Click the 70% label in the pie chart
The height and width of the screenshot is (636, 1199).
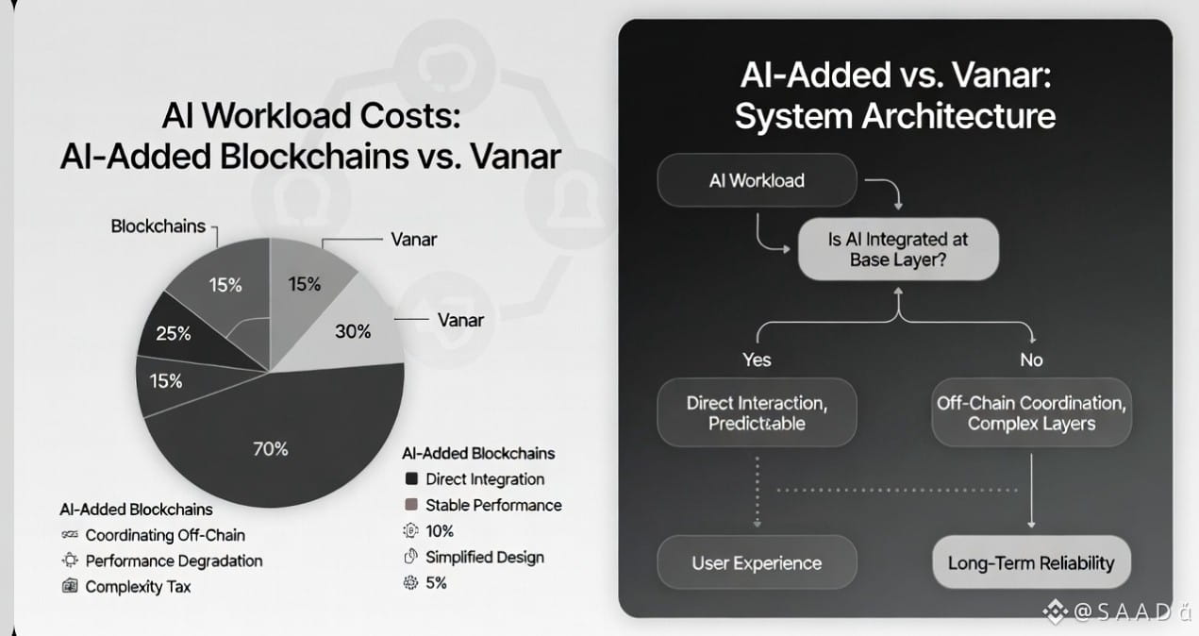[x=270, y=449]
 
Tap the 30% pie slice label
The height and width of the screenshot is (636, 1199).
[x=353, y=331]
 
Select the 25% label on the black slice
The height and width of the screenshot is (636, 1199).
[x=174, y=333]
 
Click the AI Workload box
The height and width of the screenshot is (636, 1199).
[x=757, y=180]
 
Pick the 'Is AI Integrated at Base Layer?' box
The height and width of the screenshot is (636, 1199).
[x=897, y=250]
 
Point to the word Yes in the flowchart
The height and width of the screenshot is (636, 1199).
[x=757, y=360]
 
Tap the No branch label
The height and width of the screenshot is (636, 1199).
[x=1031, y=360]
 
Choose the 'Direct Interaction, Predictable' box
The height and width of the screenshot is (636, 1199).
[x=757, y=413]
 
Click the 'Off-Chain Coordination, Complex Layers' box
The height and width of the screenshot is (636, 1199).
[x=1031, y=413]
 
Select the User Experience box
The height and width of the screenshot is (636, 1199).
[x=757, y=563]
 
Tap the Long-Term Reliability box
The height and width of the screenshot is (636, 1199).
[x=1031, y=563]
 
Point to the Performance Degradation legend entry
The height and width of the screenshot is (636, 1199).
[x=174, y=561]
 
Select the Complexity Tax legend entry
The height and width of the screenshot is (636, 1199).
[x=138, y=586]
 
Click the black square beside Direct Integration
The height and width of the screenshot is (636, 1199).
[x=410, y=479]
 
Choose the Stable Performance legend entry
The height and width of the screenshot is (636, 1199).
[x=493, y=505]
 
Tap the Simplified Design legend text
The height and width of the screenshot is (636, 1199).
[x=485, y=557]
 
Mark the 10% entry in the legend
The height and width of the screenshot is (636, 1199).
[x=440, y=530]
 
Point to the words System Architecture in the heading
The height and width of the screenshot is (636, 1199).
[x=894, y=116]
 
